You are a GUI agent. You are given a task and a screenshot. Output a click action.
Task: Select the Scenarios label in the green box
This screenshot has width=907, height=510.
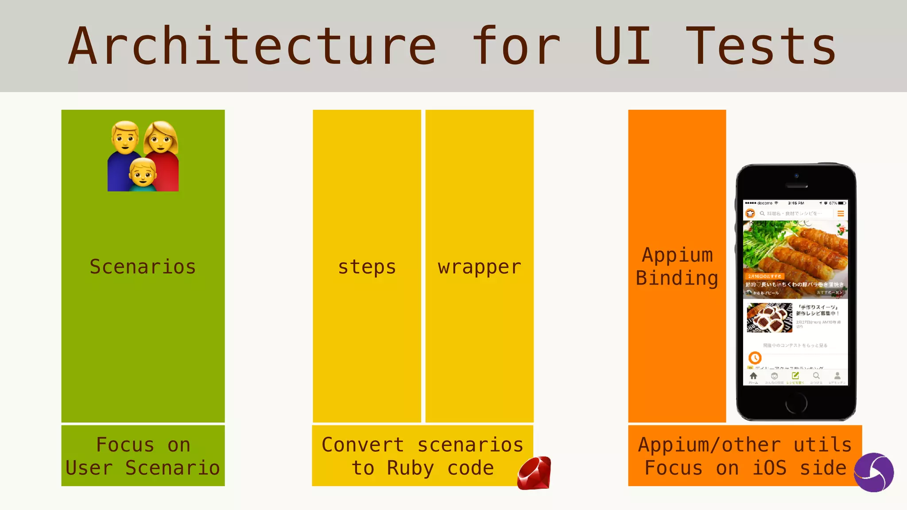tap(143, 267)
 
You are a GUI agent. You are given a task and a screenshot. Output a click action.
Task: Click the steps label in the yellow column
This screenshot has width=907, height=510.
tap(367, 267)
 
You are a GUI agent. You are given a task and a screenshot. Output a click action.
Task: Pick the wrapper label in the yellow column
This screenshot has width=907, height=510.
tap(479, 267)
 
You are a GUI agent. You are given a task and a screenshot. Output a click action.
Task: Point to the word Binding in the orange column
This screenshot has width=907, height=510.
tap(677, 278)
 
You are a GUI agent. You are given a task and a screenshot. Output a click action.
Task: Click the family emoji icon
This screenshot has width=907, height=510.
tap(143, 156)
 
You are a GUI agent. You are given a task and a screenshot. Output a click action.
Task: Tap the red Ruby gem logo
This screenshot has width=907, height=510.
tap(534, 473)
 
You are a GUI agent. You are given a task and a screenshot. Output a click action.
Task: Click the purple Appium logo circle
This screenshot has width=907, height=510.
tap(873, 472)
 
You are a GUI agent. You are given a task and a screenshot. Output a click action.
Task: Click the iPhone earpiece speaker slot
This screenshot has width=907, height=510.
tap(796, 185)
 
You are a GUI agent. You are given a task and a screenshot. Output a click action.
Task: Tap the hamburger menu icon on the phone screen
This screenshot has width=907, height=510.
tap(840, 213)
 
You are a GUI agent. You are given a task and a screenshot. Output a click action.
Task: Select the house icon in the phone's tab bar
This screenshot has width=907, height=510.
tap(753, 376)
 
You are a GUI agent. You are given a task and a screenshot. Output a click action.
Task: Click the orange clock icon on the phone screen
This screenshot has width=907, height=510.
tap(755, 357)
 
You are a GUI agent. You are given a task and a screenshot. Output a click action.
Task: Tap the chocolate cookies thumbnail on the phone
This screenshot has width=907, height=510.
tap(769, 317)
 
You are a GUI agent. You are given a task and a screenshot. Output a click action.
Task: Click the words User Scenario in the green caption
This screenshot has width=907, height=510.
tap(143, 468)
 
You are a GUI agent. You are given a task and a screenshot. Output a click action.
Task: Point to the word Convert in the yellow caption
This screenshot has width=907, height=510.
tap(362, 445)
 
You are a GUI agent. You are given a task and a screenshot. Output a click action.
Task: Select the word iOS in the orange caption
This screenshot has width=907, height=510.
tap(769, 468)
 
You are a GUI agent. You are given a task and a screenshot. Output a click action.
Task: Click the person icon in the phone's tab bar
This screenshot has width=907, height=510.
tap(837, 376)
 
